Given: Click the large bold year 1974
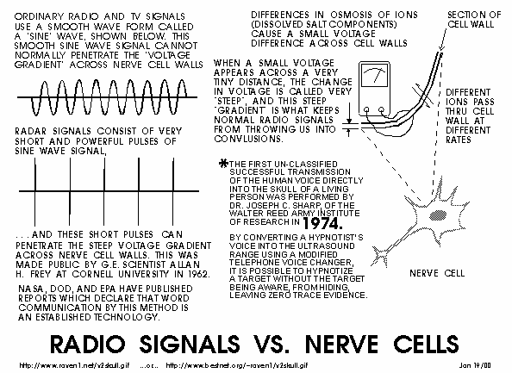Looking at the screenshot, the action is [322, 224].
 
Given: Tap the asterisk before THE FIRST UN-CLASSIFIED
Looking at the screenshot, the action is [223, 163].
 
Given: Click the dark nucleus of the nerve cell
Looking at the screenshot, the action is [438, 215].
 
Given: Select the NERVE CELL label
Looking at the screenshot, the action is [437, 273].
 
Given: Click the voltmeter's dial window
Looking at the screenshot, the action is [375, 75].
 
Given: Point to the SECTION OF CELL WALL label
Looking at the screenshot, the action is [474, 20].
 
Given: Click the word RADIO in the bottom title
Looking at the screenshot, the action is [88, 344].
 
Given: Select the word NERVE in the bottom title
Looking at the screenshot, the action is [342, 344].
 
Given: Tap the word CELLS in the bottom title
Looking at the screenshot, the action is [426, 344].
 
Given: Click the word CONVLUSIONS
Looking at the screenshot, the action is [248, 139].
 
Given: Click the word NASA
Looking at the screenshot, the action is [30, 289].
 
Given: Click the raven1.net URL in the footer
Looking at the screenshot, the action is [74, 365].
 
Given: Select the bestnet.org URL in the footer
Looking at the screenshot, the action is [237, 365].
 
